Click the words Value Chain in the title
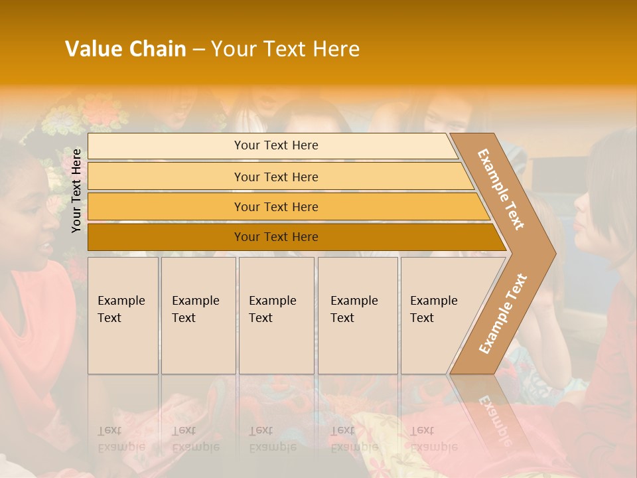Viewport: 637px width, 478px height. [x=125, y=49]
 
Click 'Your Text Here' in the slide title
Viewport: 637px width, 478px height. [x=285, y=49]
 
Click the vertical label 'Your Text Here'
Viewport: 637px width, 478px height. [x=77, y=191]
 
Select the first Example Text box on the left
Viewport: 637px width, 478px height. [x=123, y=315]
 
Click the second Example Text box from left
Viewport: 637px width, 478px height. [x=198, y=315]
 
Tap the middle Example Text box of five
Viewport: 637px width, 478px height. [x=276, y=315]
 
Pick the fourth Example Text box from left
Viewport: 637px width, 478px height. [x=358, y=315]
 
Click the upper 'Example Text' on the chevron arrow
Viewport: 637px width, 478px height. [x=501, y=189]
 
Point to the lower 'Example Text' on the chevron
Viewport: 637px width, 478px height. [x=503, y=313]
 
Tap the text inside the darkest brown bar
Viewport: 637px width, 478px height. [x=276, y=237]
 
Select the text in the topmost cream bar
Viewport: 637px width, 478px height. [x=276, y=145]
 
